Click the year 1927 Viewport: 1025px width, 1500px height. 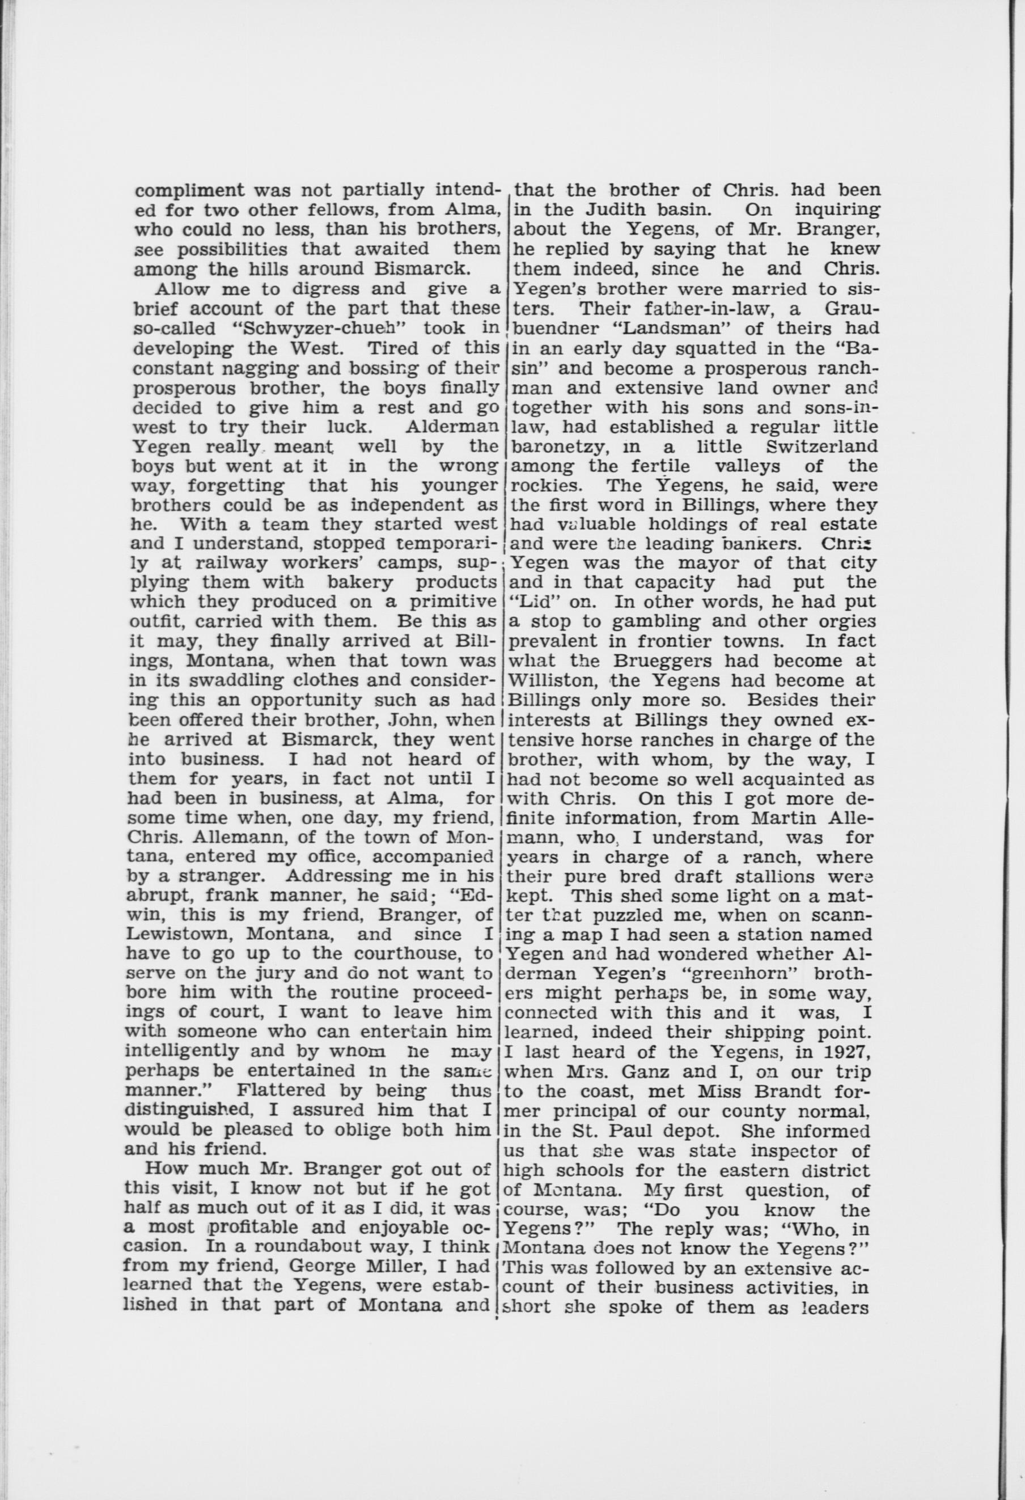pyautogui.click(x=848, y=1052)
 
